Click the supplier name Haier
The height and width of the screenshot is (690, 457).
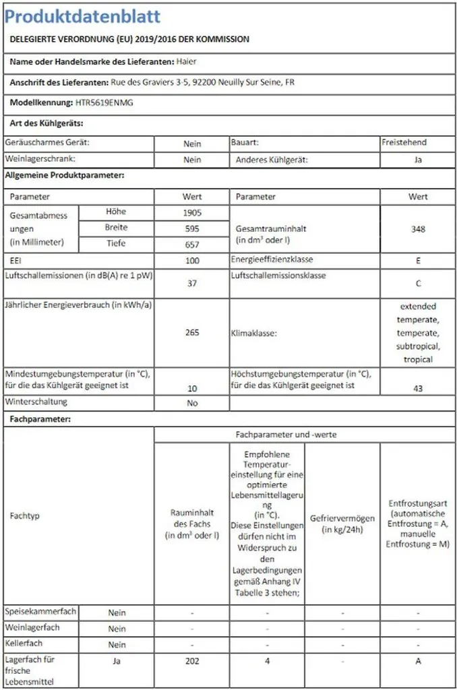click(186, 61)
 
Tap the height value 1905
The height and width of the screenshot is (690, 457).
click(192, 213)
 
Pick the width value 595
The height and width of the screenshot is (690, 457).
click(192, 229)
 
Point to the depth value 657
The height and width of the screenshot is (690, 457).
click(192, 245)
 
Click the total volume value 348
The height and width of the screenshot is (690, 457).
click(418, 229)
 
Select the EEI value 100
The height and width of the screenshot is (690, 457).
click(192, 261)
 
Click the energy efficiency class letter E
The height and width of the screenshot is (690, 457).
click(418, 261)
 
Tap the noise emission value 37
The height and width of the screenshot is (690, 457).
click(192, 283)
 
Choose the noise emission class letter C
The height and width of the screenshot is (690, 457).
click(418, 284)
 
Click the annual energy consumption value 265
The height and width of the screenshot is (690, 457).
click(192, 332)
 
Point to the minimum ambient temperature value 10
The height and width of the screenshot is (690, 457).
click(192, 389)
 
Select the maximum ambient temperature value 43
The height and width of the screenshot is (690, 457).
click(418, 389)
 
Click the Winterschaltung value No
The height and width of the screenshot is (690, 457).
click(192, 403)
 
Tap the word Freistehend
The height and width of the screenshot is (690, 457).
click(404, 143)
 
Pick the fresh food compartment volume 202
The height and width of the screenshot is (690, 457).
click(192, 661)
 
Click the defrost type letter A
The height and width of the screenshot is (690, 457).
click(418, 661)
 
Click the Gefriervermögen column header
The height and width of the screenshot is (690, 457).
click(342, 524)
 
